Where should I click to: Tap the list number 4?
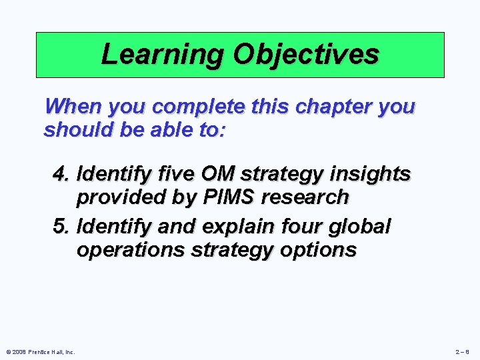61,175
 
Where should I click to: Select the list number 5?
61,227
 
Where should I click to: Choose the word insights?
369,175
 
